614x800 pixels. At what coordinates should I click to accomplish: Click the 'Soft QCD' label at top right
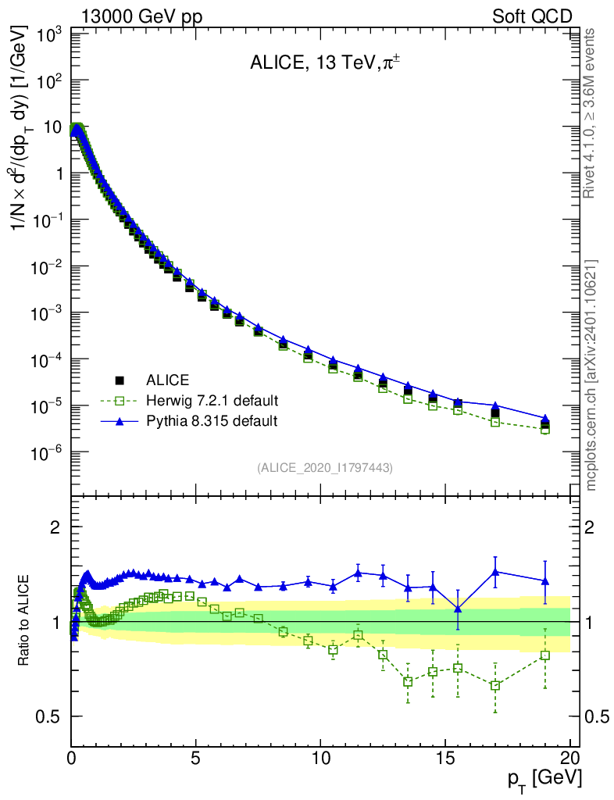tap(532, 16)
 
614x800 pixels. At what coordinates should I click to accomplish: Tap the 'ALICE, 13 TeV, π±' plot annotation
tap(325, 63)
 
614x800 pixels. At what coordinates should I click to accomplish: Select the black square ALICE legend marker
tap(120, 380)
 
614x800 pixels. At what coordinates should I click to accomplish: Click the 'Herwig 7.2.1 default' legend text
tap(212, 401)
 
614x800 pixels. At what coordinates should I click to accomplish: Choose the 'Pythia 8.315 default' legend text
tap(212, 421)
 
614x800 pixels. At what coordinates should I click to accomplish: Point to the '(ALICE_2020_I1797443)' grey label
tap(325, 467)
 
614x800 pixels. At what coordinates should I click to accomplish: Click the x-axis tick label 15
tap(444, 756)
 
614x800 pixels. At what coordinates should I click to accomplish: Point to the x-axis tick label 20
tap(569, 756)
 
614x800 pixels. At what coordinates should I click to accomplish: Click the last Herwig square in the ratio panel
tap(544, 655)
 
